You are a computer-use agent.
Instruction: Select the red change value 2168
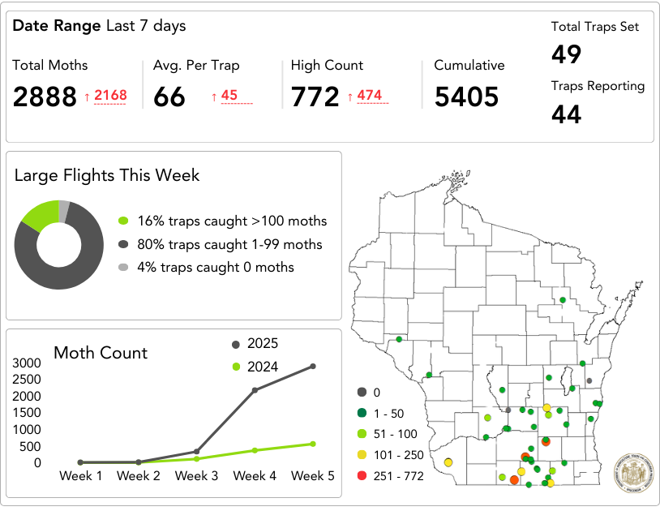click(x=110, y=96)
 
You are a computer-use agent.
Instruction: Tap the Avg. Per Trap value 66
click(x=169, y=97)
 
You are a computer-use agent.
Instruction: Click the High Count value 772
click(x=315, y=97)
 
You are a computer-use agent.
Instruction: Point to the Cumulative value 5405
click(x=466, y=97)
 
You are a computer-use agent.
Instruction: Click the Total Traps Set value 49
click(x=567, y=54)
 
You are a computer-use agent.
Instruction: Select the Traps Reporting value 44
click(x=567, y=114)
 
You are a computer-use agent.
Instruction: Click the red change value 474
click(x=369, y=96)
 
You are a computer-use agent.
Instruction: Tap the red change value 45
click(x=229, y=96)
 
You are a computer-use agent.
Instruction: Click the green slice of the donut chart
click(x=40, y=213)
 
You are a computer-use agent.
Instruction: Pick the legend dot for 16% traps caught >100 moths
click(x=123, y=221)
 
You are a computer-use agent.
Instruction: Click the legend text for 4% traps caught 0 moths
click(x=216, y=267)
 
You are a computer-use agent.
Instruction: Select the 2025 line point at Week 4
click(x=255, y=390)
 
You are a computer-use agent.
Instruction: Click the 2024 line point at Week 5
click(x=312, y=444)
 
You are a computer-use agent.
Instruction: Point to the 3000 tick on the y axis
click(x=27, y=363)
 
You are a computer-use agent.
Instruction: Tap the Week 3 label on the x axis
click(x=196, y=476)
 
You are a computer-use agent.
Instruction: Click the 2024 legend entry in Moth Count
click(x=262, y=367)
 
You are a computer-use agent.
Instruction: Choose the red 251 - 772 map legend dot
click(x=362, y=476)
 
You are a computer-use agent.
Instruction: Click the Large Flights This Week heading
click(x=107, y=175)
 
